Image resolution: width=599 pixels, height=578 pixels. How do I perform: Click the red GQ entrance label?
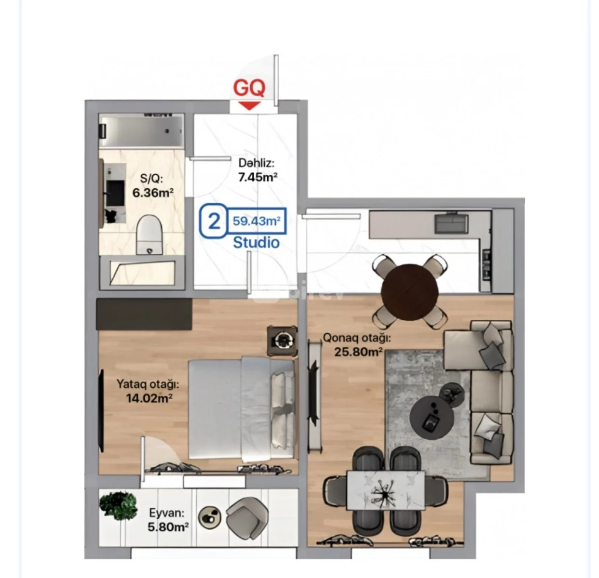tap(249, 88)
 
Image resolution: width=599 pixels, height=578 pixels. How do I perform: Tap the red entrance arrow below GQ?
tap(250, 105)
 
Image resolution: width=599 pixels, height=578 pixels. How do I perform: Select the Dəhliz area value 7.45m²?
tap(258, 177)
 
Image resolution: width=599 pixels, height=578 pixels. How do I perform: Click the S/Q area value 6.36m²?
tap(153, 193)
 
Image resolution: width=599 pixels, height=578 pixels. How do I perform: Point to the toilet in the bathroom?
tap(150, 235)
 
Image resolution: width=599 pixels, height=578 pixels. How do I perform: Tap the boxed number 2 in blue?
tap(214, 221)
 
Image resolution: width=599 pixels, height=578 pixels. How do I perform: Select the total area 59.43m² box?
tap(257, 221)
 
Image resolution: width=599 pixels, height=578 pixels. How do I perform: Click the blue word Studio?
tap(257, 243)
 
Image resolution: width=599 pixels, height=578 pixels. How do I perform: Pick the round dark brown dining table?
tap(409, 292)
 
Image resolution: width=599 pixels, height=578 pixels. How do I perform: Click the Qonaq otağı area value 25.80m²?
tap(359, 352)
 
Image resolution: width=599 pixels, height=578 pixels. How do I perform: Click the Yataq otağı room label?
tap(148, 384)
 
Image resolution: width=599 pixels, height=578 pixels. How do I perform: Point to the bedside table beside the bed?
tap(282, 341)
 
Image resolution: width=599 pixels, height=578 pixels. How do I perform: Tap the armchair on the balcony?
tap(247, 518)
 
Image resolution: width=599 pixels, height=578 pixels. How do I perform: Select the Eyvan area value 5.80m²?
tap(168, 527)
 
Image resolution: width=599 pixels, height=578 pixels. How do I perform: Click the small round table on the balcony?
tap(210, 518)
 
